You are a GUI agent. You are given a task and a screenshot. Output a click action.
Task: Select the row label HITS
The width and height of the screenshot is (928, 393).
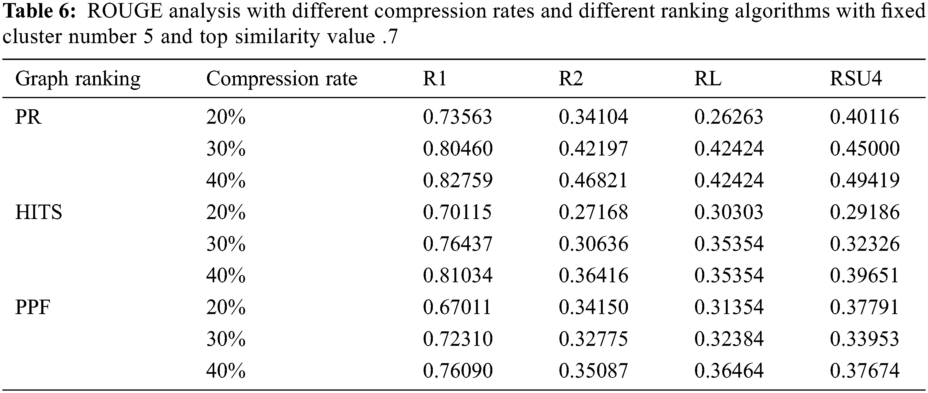tap(39, 212)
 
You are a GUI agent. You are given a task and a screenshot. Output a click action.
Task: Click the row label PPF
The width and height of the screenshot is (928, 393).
tap(32, 307)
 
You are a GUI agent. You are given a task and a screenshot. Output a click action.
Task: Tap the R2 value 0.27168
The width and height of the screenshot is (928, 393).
tap(593, 212)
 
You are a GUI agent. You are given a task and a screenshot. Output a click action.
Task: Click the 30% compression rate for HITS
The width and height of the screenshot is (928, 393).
tap(226, 244)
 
